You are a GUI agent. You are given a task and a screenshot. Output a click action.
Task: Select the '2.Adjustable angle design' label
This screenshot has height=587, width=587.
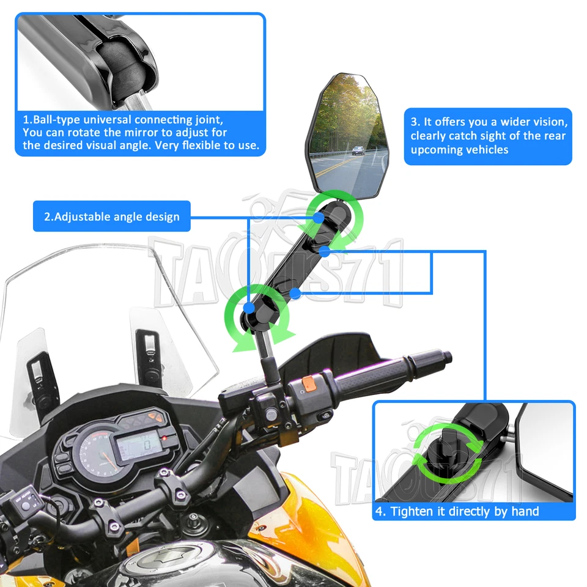pyautogui.click(x=112, y=216)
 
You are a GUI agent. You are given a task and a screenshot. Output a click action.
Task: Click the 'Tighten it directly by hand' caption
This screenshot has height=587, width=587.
pyautogui.click(x=465, y=511)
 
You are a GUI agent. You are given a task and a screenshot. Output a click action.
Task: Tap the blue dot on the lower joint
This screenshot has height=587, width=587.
pyautogui.click(x=249, y=306)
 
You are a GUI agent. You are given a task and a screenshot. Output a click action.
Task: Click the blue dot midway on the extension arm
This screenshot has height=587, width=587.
pyautogui.click(x=295, y=293)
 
